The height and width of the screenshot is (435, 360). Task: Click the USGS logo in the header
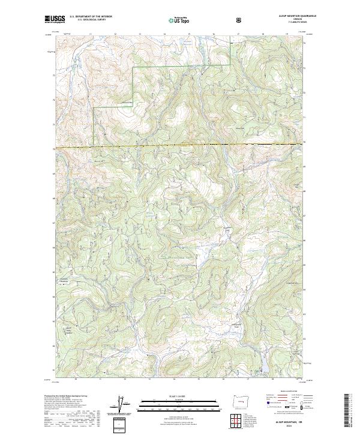point(55,19)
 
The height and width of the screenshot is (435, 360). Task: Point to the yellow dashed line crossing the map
point(180,145)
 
